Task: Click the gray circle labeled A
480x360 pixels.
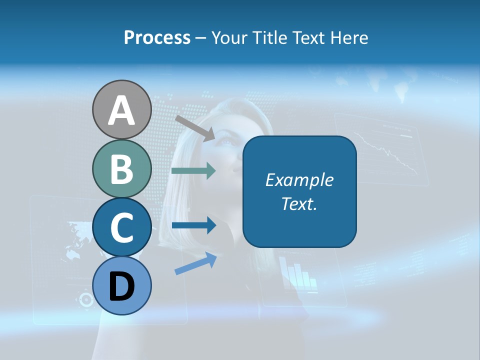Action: tap(121, 109)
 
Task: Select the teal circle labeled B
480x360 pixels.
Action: tap(121, 168)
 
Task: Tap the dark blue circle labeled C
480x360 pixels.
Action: tap(121, 227)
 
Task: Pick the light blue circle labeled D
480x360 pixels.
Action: tap(121, 286)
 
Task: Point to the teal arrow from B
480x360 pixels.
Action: tap(193, 171)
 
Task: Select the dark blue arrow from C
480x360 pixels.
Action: tap(193, 225)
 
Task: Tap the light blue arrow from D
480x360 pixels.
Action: tap(195, 264)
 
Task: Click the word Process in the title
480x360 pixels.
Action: tap(157, 37)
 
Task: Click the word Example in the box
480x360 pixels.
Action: tap(299, 180)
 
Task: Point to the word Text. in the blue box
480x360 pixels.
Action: tap(299, 203)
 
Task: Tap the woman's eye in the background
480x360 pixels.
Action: tap(227, 141)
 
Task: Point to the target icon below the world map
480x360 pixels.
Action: tap(86, 299)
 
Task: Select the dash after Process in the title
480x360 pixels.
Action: tap(200, 38)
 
